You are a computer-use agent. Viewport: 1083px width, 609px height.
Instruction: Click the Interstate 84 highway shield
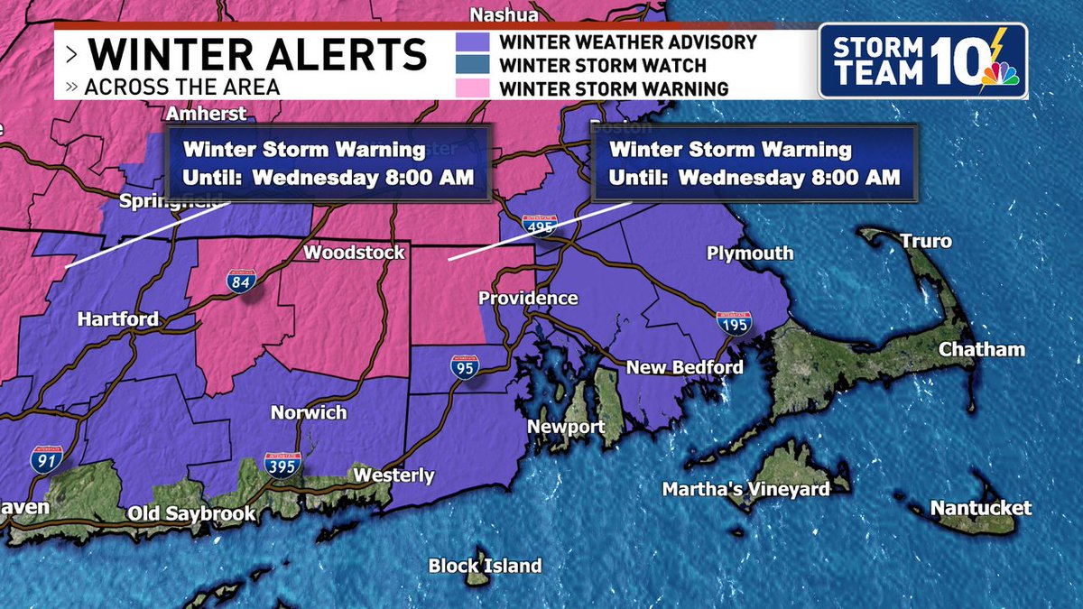tap(239, 281)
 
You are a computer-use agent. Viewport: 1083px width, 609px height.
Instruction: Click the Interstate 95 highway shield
tap(464, 365)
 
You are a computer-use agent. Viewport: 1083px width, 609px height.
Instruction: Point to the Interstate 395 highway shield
tap(282, 463)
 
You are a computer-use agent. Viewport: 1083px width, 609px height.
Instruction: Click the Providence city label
tap(528, 299)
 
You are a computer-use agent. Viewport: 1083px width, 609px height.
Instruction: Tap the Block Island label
tap(485, 567)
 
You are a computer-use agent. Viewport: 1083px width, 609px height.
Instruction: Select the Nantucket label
tap(980, 508)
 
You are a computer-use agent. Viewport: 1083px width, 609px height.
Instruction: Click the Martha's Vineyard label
tap(745, 489)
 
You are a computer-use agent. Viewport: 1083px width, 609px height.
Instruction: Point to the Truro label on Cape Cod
tap(925, 242)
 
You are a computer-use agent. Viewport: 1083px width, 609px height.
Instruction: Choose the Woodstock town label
tap(354, 253)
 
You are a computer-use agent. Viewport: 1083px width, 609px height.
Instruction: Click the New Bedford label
tap(684, 367)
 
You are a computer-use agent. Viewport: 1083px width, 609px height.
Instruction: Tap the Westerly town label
tap(393, 475)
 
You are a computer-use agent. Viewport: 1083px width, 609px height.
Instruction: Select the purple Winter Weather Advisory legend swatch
tap(473, 42)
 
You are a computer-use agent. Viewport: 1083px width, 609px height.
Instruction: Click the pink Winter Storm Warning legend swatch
tap(473, 88)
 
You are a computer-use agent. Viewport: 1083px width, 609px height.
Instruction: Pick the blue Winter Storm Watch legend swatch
tap(473, 66)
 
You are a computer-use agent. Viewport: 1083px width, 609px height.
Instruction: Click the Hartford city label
tap(117, 319)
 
